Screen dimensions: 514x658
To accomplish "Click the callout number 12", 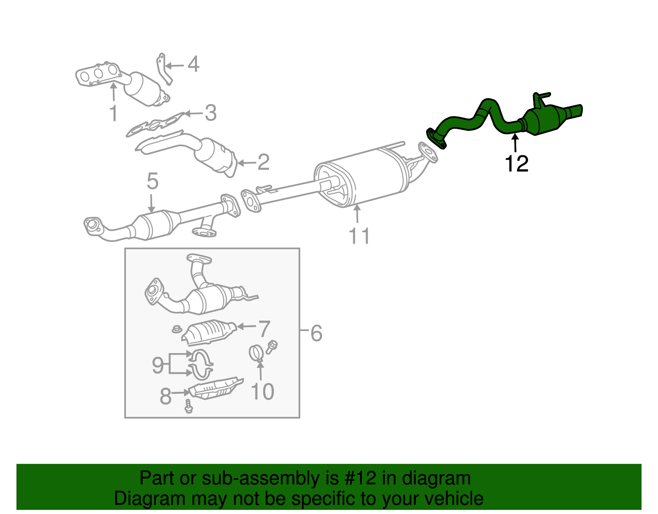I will [x=517, y=164].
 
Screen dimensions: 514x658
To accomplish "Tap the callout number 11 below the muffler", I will [x=359, y=236].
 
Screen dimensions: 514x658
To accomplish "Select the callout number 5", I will [x=152, y=181].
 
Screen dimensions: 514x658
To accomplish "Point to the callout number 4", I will [x=193, y=65].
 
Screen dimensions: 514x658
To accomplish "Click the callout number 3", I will [x=210, y=113].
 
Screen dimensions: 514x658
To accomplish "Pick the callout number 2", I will [x=263, y=162].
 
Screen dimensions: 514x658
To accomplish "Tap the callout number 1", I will [x=114, y=113].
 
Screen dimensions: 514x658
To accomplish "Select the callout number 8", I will [x=165, y=396].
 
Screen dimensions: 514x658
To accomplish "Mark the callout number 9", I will [x=158, y=365].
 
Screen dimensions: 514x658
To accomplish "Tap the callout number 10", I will [x=262, y=391].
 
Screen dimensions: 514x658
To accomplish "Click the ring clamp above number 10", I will [x=256, y=353].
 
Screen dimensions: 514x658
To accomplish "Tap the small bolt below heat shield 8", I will [x=189, y=407].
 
